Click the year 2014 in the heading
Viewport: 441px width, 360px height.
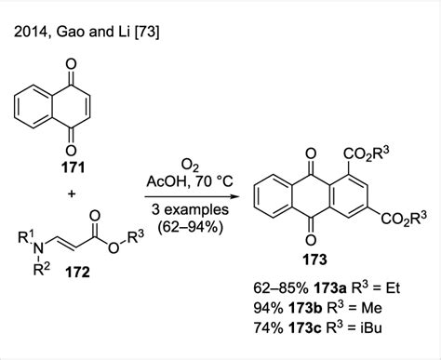33,35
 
